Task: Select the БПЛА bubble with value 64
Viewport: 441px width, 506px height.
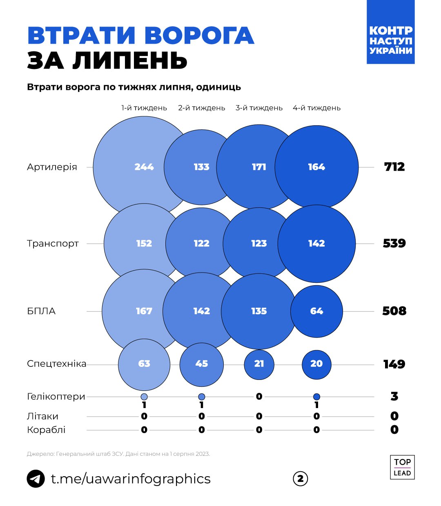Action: (316, 311)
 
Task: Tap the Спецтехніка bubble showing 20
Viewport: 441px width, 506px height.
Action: (316, 364)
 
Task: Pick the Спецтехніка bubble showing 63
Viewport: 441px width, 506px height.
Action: (144, 364)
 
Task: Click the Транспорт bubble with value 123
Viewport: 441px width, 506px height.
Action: (259, 244)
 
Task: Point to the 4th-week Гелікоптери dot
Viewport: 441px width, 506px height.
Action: (316, 397)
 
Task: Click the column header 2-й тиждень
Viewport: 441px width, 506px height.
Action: (201, 108)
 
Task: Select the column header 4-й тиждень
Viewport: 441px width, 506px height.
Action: (316, 108)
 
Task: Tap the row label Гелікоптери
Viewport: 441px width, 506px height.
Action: (56, 397)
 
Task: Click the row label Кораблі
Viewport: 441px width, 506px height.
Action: (46, 430)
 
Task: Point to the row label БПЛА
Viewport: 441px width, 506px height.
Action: (41, 311)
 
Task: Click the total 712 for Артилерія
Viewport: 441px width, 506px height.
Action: (394, 167)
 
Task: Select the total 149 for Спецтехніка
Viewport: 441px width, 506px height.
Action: (394, 364)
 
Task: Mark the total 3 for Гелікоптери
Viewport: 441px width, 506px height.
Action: (394, 396)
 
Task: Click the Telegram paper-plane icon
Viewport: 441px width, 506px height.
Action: (36, 479)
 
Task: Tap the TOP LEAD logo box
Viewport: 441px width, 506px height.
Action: (402, 467)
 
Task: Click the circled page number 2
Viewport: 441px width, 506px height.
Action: (301, 479)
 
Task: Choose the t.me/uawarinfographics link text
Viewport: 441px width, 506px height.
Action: (131, 479)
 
